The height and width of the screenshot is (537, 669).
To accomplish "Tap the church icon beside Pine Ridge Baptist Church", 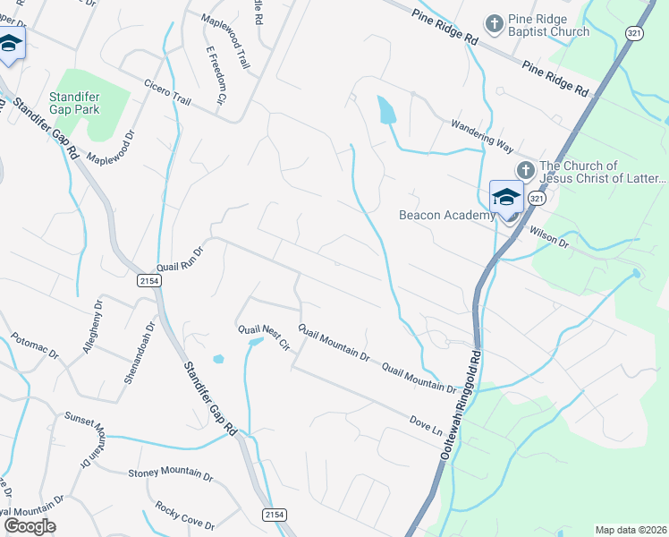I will pos(493,22).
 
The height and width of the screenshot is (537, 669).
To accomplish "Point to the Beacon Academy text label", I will pos(446,215).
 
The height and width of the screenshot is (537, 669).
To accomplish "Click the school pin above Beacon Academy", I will pos(506,197).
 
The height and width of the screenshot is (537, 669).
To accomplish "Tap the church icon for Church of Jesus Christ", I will pos(525,169).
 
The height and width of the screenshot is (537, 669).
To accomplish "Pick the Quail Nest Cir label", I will pos(265,336).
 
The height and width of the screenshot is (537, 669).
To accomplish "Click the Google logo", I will pos(29,526).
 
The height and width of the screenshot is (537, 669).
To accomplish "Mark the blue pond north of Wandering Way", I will pos(386,110).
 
